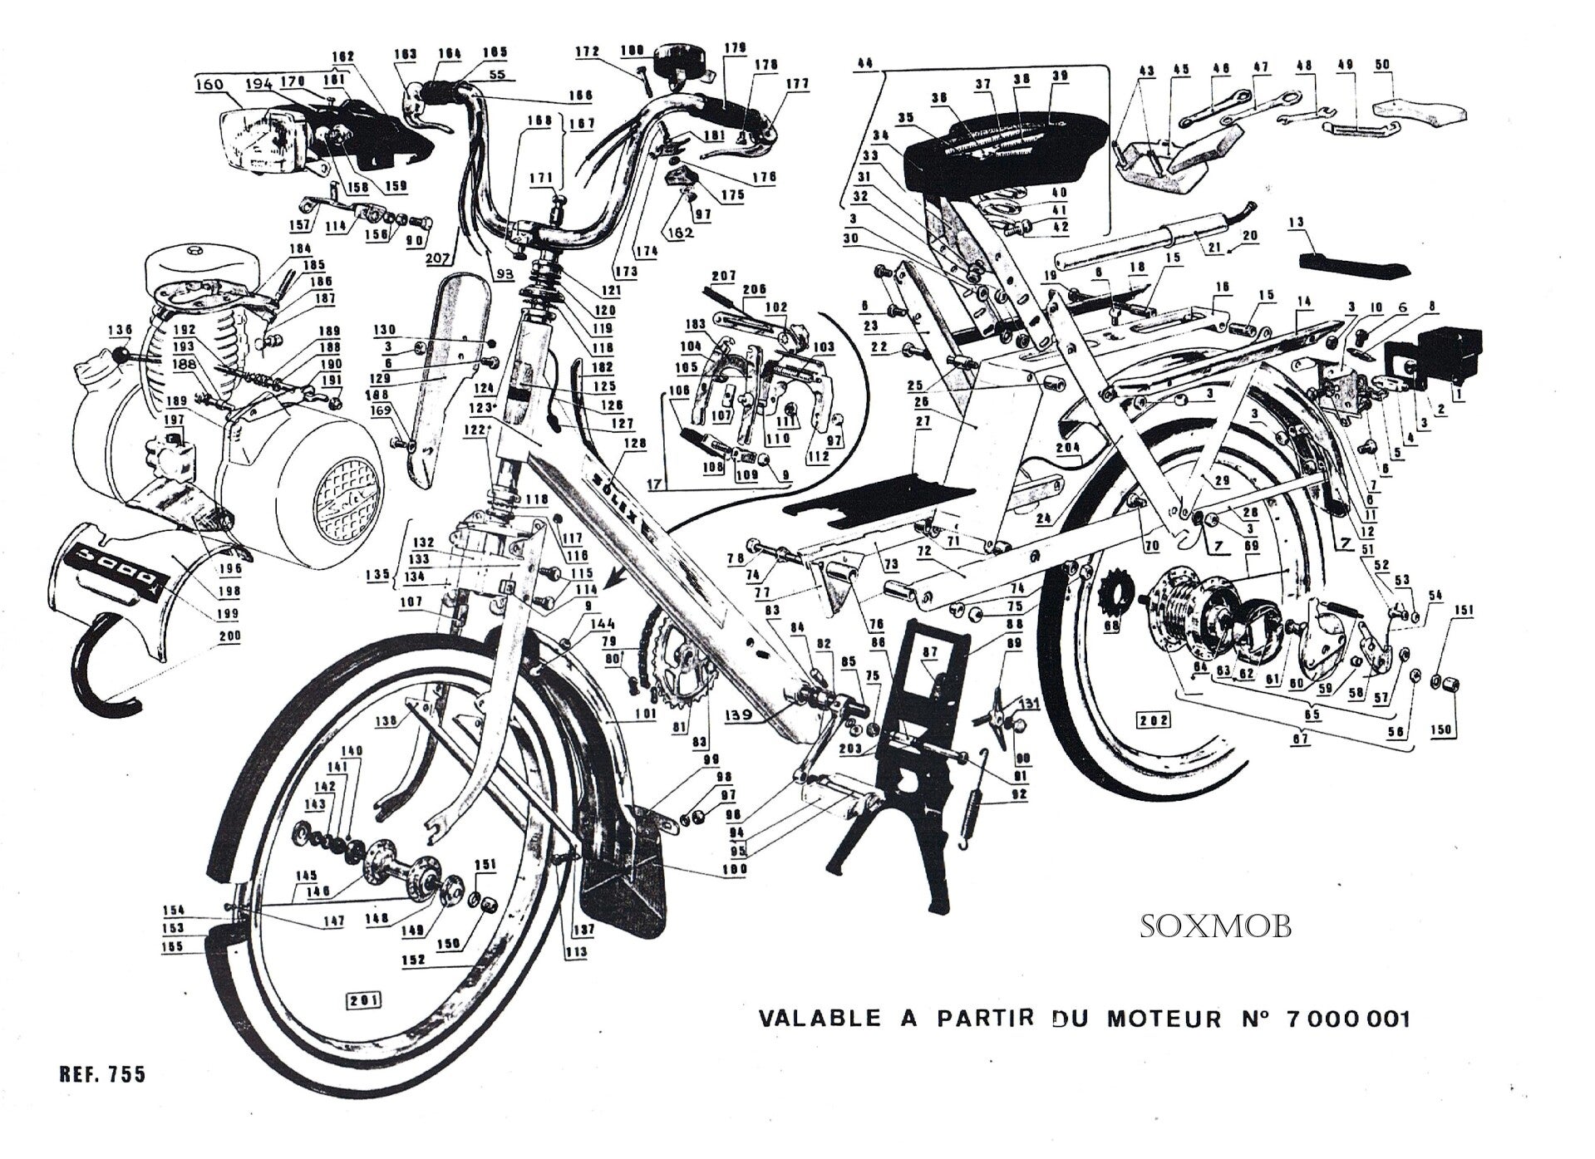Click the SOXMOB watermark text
coord(1214,926)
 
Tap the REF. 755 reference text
coord(102,1074)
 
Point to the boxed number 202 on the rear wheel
coord(1154,719)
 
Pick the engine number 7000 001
coord(1347,1019)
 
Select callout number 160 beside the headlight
coord(209,84)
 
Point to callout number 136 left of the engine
coord(120,331)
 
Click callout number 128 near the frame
coord(634,444)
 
